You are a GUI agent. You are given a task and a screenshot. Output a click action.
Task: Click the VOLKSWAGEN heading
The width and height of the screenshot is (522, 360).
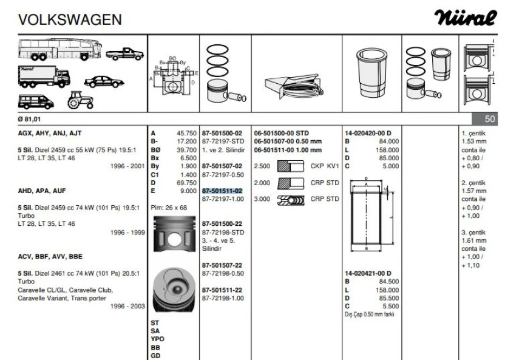pyautogui.click(x=70, y=20)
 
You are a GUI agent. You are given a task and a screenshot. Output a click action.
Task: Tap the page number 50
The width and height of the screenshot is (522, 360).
pyautogui.click(x=491, y=120)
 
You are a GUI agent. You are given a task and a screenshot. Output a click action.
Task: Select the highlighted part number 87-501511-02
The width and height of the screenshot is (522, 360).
pyautogui.click(x=222, y=191)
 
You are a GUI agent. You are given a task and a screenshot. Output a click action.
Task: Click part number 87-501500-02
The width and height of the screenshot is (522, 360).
pyautogui.click(x=222, y=132)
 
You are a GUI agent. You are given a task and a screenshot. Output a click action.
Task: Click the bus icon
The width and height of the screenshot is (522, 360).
pyautogui.click(x=59, y=50)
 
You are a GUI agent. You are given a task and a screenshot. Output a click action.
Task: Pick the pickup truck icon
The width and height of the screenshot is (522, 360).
pyautogui.click(x=124, y=54)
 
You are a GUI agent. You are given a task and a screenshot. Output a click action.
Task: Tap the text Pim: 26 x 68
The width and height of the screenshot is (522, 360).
pyautogui.click(x=169, y=207)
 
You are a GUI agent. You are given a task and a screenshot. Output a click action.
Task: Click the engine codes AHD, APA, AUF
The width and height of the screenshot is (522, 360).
pyautogui.click(x=42, y=190)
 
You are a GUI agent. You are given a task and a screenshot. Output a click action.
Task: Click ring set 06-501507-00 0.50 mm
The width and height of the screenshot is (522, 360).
pyautogui.click(x=287, y=141)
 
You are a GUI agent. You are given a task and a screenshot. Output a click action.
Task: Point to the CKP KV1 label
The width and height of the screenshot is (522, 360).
pyautogui.click(x=324, y=165)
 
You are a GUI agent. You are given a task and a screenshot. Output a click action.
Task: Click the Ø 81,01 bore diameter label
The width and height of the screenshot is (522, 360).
pyautogui.click(x=30, y=120)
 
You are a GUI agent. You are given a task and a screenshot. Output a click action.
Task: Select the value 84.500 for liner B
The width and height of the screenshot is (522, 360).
pyautogui.click(x=388, y=281)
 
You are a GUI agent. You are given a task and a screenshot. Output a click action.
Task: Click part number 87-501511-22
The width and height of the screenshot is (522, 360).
pyautogui.click(x=222, y=290)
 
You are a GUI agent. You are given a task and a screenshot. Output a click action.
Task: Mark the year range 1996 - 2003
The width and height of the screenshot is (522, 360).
pyautogui.click(x=127, y=307)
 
